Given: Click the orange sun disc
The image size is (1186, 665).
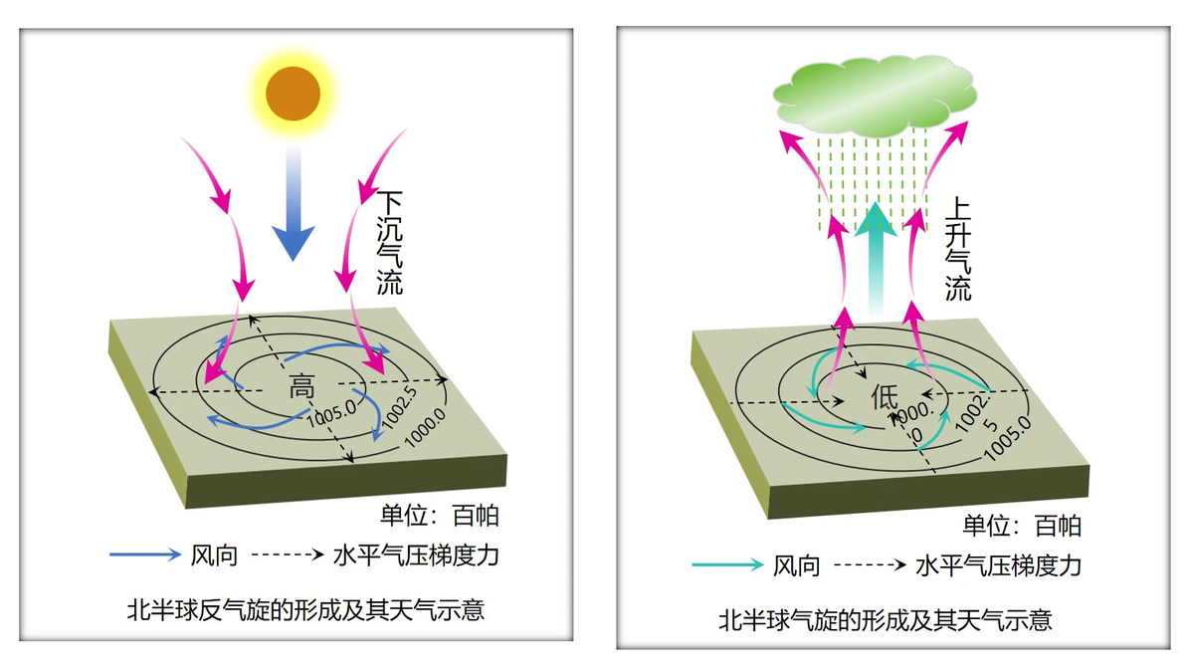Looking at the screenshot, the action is (x=293, y=93).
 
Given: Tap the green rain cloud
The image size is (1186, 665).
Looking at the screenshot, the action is (x=875, y=96).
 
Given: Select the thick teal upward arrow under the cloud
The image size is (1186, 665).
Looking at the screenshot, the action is (x=876, y=257).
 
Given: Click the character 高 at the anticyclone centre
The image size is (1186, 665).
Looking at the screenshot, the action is (x=301, y=386).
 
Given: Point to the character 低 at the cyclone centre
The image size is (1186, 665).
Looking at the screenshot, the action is (x=885, y=395).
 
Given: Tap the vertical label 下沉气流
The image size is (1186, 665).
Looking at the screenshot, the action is (x=390, y=243).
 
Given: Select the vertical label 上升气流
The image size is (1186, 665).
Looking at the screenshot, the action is (x=957, y=250).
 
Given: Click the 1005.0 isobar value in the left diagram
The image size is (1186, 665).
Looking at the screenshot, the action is (x=331, y=413).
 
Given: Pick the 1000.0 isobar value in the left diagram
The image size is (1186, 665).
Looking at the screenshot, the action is (x=424, y=428).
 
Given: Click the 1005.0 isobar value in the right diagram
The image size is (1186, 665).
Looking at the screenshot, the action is (x=1008, y=437).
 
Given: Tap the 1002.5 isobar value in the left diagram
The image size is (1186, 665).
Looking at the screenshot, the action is (x=399, y=407).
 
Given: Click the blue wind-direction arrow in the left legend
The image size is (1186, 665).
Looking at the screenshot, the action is (x=145, y=554).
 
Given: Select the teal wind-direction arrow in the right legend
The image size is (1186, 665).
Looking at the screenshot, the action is (x=727, y=564).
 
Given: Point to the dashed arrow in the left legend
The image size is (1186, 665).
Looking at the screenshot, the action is (x=288, y=554).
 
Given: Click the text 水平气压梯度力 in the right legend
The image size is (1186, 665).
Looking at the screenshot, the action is (x=998, y=565).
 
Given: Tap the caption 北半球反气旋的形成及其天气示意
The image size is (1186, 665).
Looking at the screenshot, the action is (x=305, y=610).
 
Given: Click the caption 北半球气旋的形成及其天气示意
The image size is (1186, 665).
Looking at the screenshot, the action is (x=885, y=620).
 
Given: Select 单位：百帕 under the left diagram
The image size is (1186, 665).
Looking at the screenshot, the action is (x=440, y=516).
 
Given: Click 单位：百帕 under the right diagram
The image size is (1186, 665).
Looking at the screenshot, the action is (x=1022, y=525).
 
